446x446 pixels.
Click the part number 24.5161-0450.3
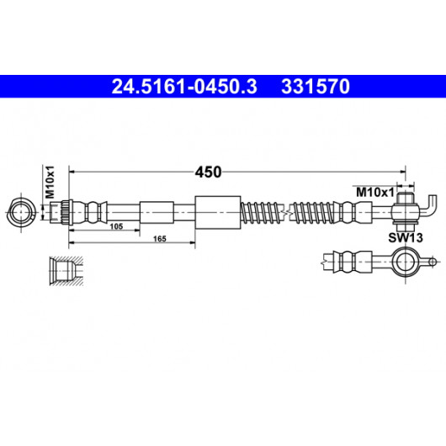click(x=184, y=87)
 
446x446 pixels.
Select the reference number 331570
click(x=316, y=87)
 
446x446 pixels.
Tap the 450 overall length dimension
click(x=208, y=172)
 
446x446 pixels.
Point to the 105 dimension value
click(x=116, y=226)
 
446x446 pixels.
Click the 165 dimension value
click(x=160, y=239)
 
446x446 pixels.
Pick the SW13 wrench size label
click(x=406, y=238)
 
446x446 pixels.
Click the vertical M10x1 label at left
click(x=50, y=182)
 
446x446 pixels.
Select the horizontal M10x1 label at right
click(x=374, y=193)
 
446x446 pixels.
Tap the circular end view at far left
click(x=21, y=212)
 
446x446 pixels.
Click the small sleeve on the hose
click(x=157, y=212)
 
